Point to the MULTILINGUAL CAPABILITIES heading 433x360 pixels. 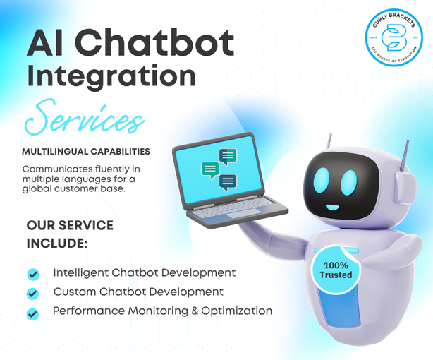tap(86, 152)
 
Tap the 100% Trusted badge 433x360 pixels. tap(336, 269)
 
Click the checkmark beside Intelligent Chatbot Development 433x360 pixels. tap(33, 274)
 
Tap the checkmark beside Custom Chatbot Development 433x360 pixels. tap(32, 292)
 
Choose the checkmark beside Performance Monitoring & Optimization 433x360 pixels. tap(32, 313)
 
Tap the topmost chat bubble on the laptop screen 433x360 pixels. tap(227, 155)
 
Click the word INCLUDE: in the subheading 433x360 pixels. tap(57, 244)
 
